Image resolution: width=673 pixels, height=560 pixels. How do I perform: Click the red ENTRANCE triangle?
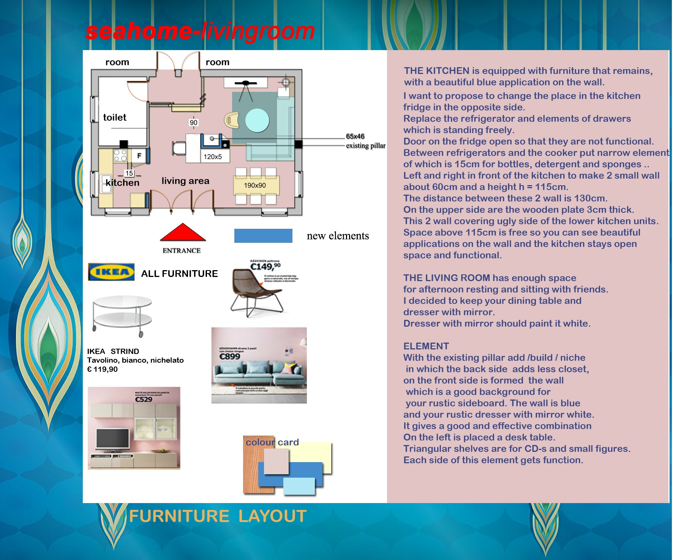click(183, 233)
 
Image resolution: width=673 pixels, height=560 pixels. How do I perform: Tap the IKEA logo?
click(111, 272)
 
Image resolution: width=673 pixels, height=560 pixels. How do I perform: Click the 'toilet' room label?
click(115, 118)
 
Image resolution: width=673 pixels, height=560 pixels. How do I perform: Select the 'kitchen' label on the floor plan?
click(122, 183)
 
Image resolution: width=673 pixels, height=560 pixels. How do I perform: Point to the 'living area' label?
click(185, 181)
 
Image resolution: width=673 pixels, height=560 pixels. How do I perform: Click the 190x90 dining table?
click(256, 185)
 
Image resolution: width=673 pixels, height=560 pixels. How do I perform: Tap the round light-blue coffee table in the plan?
click(257, 120)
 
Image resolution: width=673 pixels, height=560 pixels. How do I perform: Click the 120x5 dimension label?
click(213, 157)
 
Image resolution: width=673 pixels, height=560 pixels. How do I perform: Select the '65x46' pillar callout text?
click(355, 136)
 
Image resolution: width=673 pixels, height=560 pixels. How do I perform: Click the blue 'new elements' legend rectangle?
click(263, 236)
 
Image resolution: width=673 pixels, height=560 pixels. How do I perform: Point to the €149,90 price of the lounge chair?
click(265, 267)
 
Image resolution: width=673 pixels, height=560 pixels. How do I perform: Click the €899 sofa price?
click(230, 356)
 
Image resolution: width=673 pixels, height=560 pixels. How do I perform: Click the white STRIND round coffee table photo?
click(123, 315)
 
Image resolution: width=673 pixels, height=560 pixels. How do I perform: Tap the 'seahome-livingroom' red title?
click(200, 31)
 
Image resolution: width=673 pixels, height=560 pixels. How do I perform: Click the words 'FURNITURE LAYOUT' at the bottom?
click(218, 516)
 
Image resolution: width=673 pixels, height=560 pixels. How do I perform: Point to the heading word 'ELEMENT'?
click(426, 346)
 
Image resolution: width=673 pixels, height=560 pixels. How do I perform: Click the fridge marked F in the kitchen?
click(139, 156)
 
